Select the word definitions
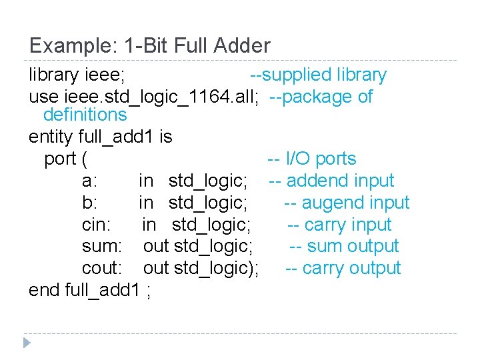pos(85,115)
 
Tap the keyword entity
pos(51,137)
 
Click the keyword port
pos(59,159)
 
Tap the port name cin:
pos(96,225)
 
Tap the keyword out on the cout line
pos(156,269)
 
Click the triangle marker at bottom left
pos(27,343)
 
